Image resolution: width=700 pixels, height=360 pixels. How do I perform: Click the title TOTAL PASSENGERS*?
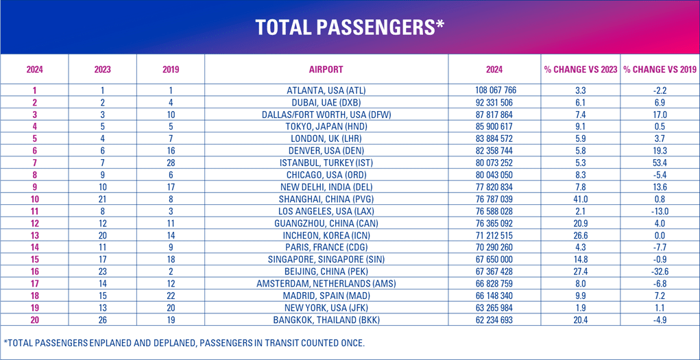(x=350, y=27)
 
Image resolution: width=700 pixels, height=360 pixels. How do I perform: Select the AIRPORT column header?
(x=326, y=69)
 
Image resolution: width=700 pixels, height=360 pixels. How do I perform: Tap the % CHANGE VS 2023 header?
(x=581, y=69)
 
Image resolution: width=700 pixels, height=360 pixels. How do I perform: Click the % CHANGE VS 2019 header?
(x=660, y=69)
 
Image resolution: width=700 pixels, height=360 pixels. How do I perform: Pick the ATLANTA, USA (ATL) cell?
(x=326, y=91)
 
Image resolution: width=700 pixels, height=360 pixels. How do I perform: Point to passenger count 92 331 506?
(x=495, y=102)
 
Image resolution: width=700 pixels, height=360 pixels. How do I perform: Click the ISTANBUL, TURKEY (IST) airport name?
(x=326, y=163)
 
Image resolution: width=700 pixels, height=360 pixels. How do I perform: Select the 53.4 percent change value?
(x=660, y=163)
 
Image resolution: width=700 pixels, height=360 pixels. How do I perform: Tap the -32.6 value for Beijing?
(x=660, y=272)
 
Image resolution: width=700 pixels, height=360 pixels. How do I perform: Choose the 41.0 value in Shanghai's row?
(x=581, y=199)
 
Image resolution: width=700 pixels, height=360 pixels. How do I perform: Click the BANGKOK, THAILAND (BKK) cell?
(x=326, y=320)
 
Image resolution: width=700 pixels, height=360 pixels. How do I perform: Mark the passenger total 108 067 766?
(x=495, y=91)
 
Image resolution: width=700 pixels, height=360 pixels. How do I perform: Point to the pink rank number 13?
(x=34, y=235)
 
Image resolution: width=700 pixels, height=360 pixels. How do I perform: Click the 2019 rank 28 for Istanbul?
(x=171, y=163)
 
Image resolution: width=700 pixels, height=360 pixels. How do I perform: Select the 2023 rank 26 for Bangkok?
(x=103, y=320)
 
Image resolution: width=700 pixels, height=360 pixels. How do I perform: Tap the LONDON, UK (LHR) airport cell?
(x=326, y=139)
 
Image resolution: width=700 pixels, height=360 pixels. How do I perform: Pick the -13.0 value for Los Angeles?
(x=660, y=211)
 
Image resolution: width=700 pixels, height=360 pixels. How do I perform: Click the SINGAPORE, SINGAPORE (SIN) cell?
(x=326, y=259)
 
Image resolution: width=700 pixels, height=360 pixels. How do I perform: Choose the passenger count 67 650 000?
(x=495, y=259)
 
